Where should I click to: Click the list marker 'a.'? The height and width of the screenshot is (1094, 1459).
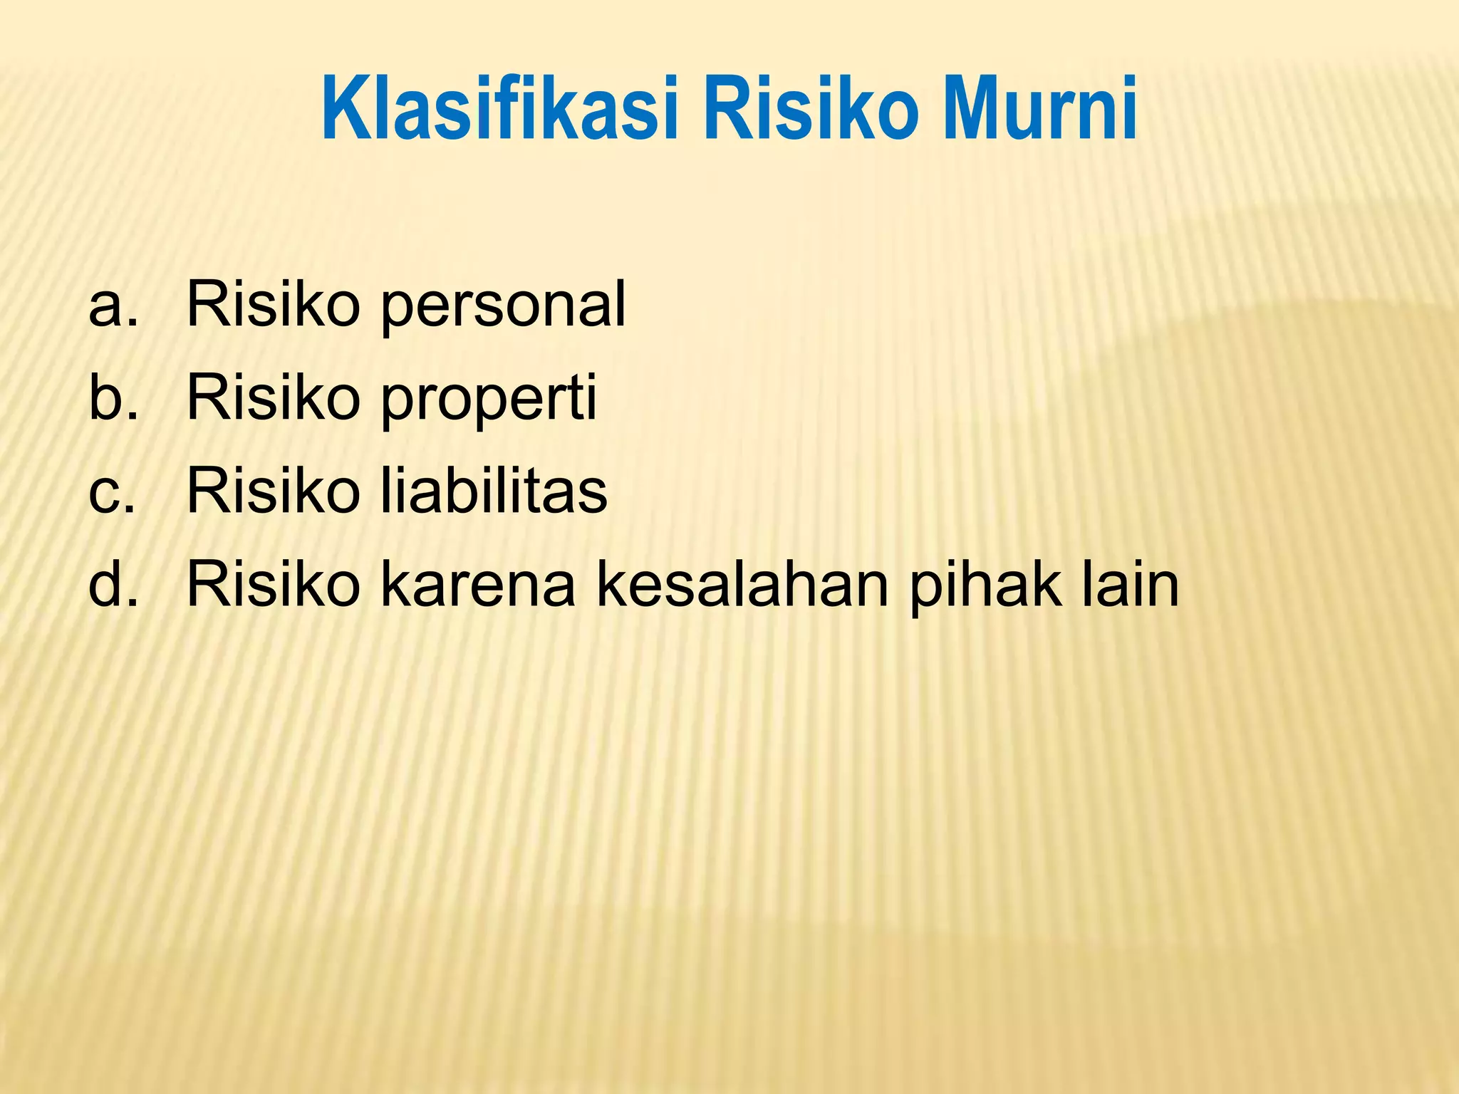(x=113, y=306)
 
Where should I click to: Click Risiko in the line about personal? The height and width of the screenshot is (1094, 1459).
(x=273, y=304)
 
